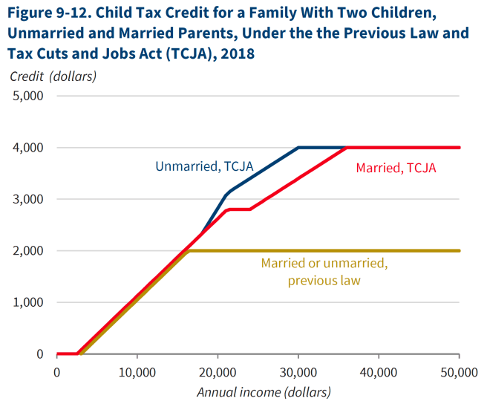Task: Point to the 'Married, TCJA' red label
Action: tap(396, 169)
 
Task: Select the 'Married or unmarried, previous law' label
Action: tap(324, 271)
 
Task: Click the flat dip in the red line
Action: tap(239, 209)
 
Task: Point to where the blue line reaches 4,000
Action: tap(298, 148)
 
